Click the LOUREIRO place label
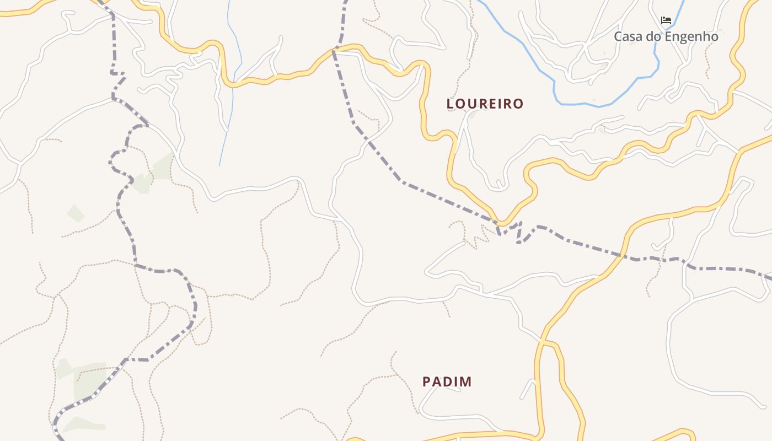point(485,104)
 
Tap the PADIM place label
point(447,381)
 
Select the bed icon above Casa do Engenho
point(666,21)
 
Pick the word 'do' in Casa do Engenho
point(653,37)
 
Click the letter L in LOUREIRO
point(450,104)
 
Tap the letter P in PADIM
point(426,381)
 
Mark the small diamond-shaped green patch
point(76,213)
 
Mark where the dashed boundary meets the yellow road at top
point(334,51)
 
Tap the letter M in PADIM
point(466,381)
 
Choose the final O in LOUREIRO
point(518,104)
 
